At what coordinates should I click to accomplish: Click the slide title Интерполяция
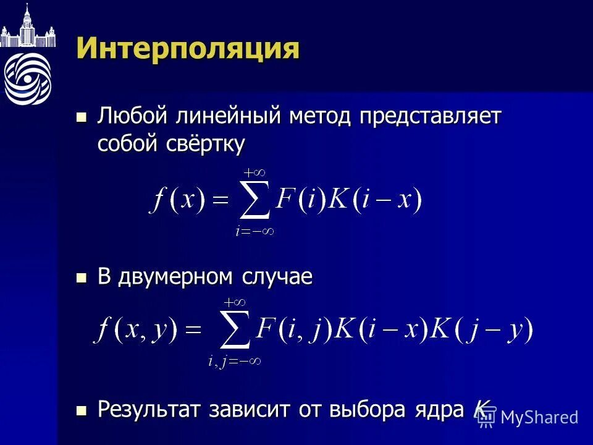click(x=188, y=48)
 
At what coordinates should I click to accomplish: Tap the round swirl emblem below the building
click(x=27, y=78)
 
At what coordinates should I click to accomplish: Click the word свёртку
click(x=206, y=144)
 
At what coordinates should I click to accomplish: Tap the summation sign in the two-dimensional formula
click(x=234, y=331)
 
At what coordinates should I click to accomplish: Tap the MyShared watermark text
click(x=539, y=417)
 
